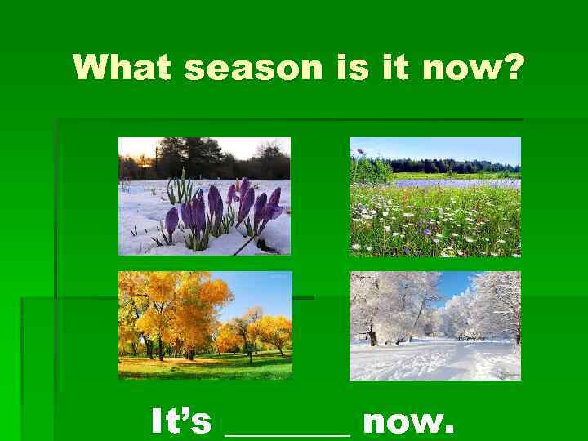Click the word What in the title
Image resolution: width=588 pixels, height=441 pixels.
[122, 68]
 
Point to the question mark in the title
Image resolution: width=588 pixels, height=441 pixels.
[508, 68]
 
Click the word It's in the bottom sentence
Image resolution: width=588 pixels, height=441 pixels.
[181, 421]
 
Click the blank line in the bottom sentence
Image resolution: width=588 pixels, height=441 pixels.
[287, 433]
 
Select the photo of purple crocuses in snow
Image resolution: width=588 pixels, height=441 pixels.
[204, 196]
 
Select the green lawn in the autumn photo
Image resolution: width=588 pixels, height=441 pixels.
[204, 364]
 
